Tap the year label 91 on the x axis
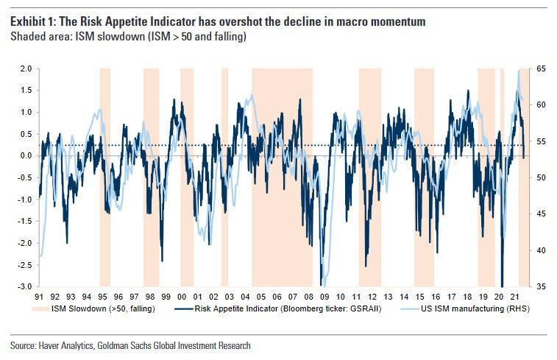38,296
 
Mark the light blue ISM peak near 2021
518,71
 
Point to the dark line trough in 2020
502,284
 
